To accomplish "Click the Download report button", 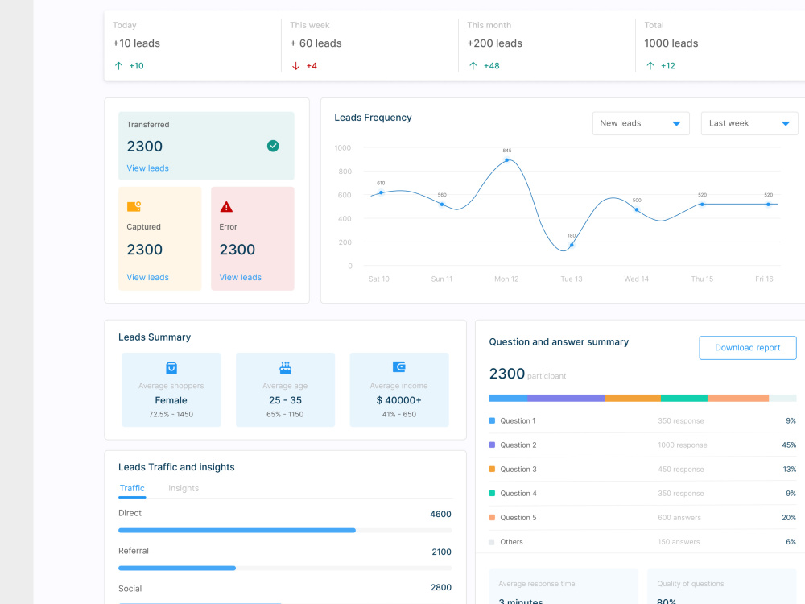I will [747, 348].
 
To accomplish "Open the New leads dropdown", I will [641, 123].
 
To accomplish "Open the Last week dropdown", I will [749, 123].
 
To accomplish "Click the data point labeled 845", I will [506, 160].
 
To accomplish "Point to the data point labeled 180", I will [572, 246].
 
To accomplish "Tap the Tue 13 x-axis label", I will [572, 279].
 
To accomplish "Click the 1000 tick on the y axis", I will [343, 148].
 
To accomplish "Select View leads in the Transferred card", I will [147, 168].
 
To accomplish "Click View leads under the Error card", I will [240, 278].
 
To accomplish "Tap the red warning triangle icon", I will [226, 207].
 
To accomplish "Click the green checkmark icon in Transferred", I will [273, 146].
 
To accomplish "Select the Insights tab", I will [184, 489].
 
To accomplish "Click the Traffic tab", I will [132, 489].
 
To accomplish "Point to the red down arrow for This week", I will [295, 66].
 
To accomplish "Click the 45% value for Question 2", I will [788, 445].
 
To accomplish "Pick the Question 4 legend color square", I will [492, 494].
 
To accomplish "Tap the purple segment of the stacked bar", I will [566, 398].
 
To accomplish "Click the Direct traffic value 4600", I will [440, 515].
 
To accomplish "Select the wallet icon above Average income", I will [398, 367].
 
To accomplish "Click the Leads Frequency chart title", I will [373, 118].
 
